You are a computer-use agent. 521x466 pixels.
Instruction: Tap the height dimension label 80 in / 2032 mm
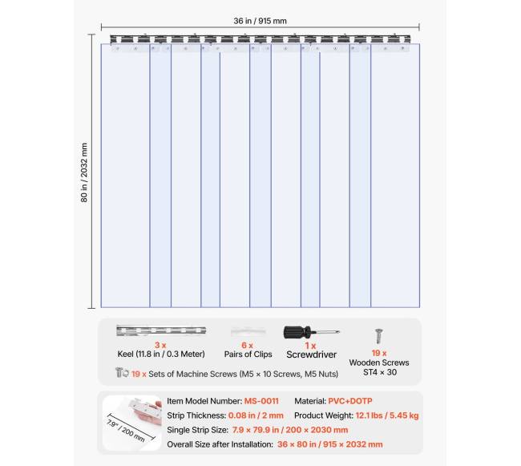tap(84, 172)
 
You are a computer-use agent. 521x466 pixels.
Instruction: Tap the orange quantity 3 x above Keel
tap(160, 344)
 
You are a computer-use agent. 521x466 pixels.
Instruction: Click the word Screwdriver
tap(312, 354)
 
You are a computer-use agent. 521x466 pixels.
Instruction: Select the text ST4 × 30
tap(380, 372)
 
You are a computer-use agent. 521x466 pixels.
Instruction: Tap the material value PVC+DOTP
tap(349, 401)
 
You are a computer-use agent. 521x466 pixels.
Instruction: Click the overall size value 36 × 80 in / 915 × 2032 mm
tap(329, 444)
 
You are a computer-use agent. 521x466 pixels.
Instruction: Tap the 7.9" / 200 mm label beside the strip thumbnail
tap(126, 428)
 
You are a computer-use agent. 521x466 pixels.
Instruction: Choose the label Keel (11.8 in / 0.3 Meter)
tap(161, 354)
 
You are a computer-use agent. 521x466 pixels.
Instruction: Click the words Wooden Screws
tap(379, 363)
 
